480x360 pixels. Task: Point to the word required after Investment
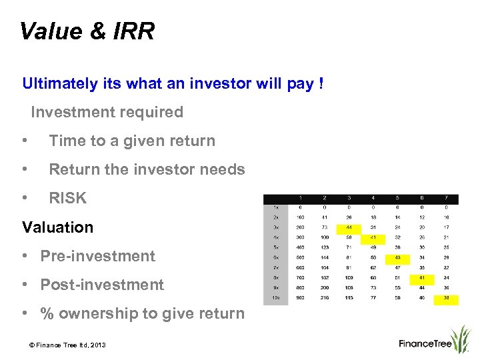[x=151, y=112]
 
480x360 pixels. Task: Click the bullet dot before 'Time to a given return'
[x=25, y=141]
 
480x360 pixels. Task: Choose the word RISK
[x=68, y=198]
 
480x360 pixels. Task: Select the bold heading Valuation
[x=58, y=227]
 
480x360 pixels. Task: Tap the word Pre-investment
[x=97, y=256]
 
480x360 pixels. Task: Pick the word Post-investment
[x=102, y=285]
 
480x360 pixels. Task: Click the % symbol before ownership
[x=47, y=313]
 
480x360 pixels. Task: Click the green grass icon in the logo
[x=460, y=338]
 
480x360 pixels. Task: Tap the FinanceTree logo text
[x=425, y=344]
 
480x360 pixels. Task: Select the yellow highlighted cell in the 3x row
[x=349, y=227]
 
